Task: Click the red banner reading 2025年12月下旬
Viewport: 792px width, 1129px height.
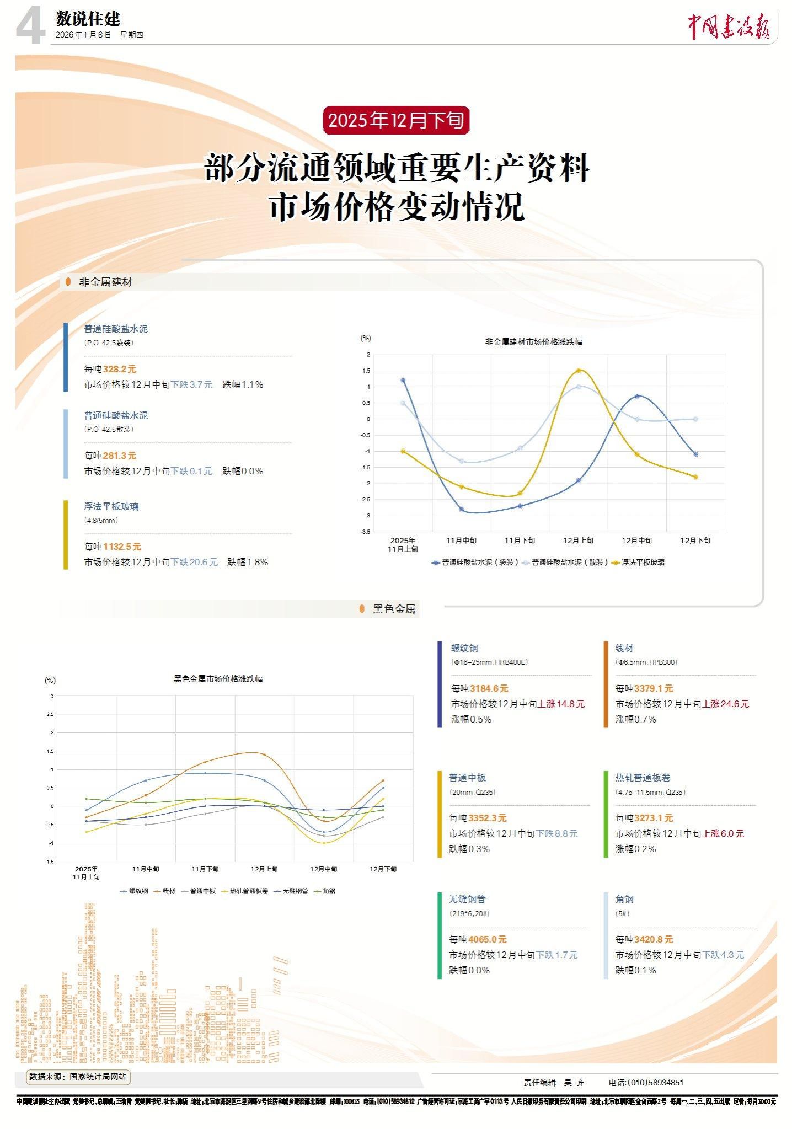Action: [x=396, y=120]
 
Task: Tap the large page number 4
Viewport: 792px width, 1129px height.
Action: [x=30, y=26]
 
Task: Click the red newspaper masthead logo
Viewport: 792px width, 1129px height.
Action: [x=728, y=25]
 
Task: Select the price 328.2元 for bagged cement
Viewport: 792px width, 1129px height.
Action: [x=119, y=369]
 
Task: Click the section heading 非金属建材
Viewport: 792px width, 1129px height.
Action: [x=105, y=282]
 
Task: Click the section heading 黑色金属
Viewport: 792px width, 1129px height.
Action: [x=394, y=609]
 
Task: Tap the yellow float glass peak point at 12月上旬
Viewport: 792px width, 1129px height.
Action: [x=579, y=371]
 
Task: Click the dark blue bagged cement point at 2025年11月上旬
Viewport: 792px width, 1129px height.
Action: [x=403, y=381]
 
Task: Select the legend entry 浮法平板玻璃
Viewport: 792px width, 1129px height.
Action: [x=643, y=563]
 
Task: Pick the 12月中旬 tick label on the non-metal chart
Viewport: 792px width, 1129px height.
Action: [x=636, y=541]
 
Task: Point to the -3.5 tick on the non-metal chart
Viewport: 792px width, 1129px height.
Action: [x=366, y=532]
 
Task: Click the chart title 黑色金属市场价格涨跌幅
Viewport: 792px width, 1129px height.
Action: [x=218, y=678]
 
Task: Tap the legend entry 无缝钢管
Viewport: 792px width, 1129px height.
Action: [x=295, y=891]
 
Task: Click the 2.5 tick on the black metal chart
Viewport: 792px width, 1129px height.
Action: [x=50, y=714]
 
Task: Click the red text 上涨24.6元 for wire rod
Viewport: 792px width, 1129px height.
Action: [x=725, y=704]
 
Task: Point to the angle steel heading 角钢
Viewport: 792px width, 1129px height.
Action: [x=624, y=899]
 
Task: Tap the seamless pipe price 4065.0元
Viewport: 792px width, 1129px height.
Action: [x=487, y=939]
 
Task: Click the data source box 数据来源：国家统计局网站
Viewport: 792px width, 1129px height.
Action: [x=78, y=1076]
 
